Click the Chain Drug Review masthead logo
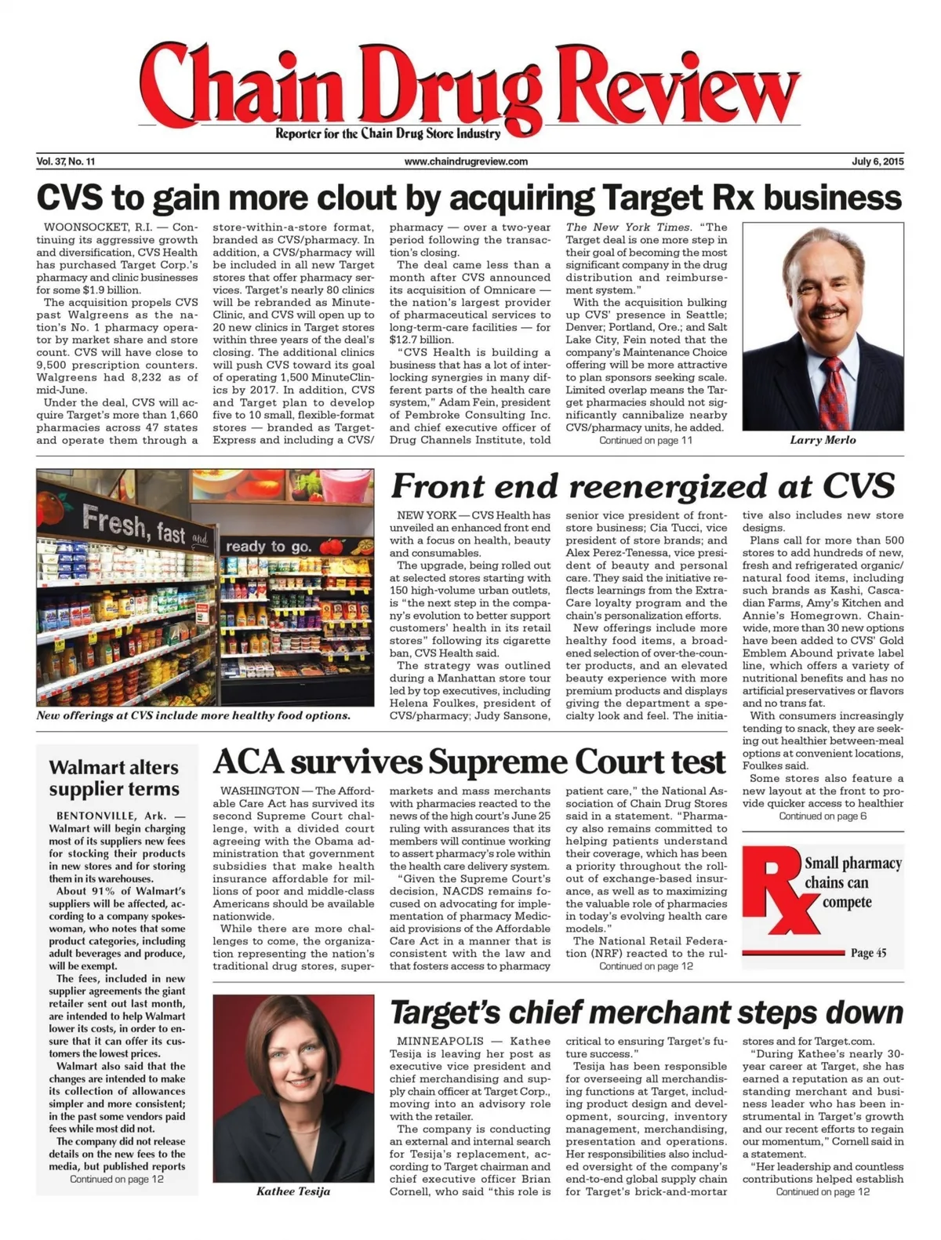pyautogui.click(x=470, y=86)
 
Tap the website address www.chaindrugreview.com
pyautogui.click(x=466, y=162)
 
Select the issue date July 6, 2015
pyautogui.click(x=877, y=162)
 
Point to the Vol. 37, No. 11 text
pyautogui.click(x=66, y=162)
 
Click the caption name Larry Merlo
pyautogui.click(x=823, y=440)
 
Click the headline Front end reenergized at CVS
pyautogui.click(x=642, y=485)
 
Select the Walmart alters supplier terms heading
pyautogui.click(x=114, y=778)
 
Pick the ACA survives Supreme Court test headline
pyautogui.click(x=469, y=762)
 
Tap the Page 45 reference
pyautogui.click(x=868, y=953)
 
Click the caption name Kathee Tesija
pyautogui.click(x=293, y=1191)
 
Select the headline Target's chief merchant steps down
pyautogui.click(x=646, y=1013)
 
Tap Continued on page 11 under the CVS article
pyautogui.click(x=645, y=440)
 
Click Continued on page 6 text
pyautogui.click(x=823, y=816)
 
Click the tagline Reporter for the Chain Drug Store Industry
pyautogui.click(x=387, y=133)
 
